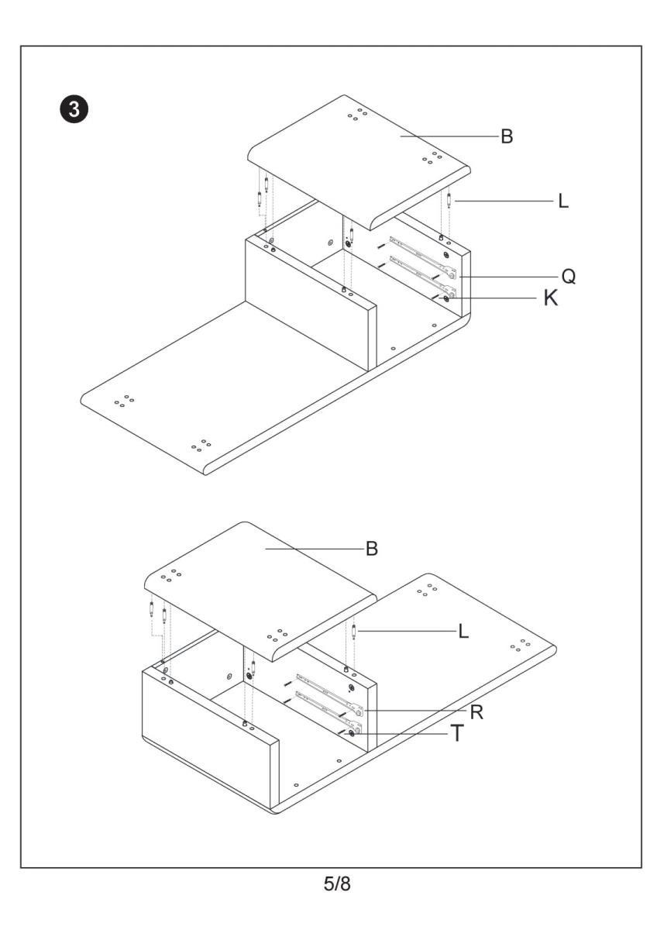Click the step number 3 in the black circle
pyautogui.click(x=74, y=108)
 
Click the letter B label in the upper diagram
pyautogui.click(x=507, y=136)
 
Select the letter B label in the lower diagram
pyautogui.click(x=372, y=549)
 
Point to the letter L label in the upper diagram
pyautogui.click(x=563, y=201)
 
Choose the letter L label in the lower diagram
pyautogui.click(x=463, y=632)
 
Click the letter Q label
pyautogui.click(x=568, y=276)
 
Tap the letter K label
pyautogui.click(x=551, y=299)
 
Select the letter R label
pyautogui.click(x=477, y=711)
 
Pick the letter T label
pyautogui.click(x=459, y=733)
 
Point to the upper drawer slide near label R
pyautogui.click(x=325, y=686)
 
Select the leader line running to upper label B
pyautogui.click(x=449, y=136)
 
